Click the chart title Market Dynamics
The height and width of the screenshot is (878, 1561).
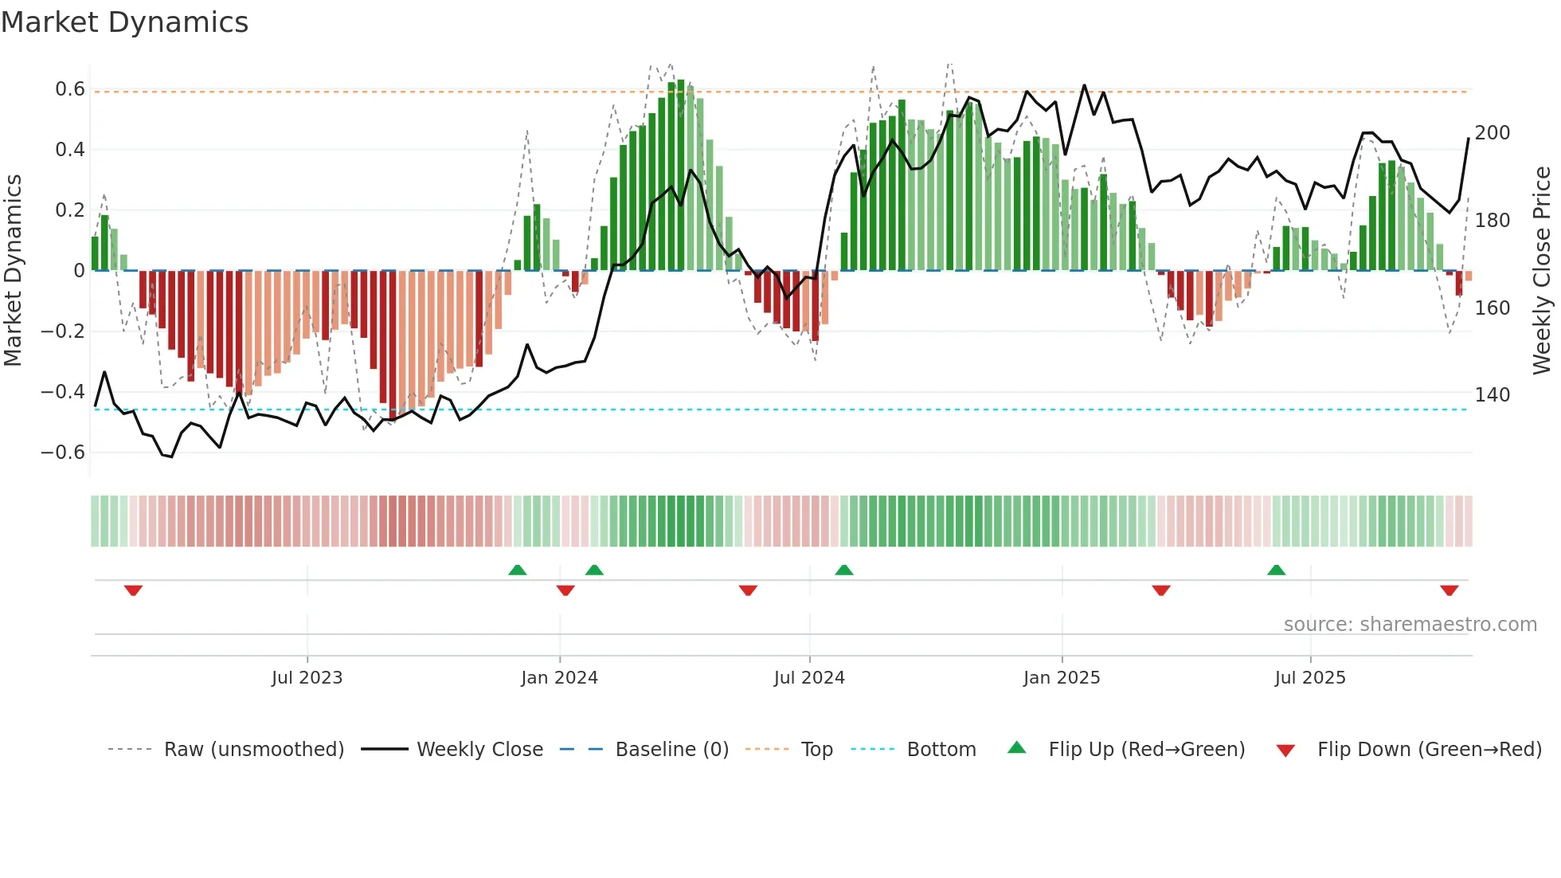(x=125, y=22)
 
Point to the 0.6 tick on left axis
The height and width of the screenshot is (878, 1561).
(x=70, y=89)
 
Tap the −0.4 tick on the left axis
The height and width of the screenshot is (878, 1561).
(x=63, y=392)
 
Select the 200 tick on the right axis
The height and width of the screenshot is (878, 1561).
(x=1492, y=133)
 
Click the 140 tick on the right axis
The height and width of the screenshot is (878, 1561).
(x=1492, y=395)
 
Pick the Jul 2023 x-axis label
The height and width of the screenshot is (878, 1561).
(x=307, y=678)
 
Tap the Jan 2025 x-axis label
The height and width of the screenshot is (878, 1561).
(x=1061, y=678)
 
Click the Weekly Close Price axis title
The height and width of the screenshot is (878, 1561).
(x=1542, y=271)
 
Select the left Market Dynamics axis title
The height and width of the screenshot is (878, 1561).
(x=13, y=271)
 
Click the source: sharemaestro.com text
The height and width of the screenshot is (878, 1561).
(x=1410, y=625)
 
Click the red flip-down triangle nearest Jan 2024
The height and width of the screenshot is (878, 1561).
(x=565, y=590)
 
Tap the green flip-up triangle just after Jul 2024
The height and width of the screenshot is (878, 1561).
(x=844, y=570)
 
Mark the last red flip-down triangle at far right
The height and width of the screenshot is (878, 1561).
(x=1449, y=590)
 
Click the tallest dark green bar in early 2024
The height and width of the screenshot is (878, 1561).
(x=681, y=175)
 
